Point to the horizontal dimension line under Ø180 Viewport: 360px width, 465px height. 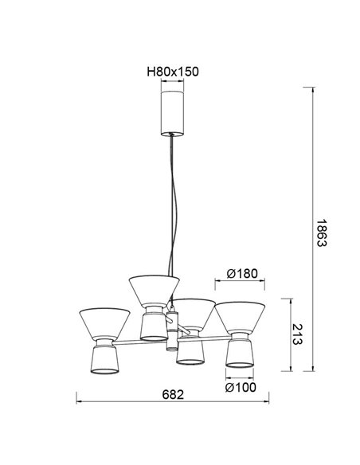point(241,283)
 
